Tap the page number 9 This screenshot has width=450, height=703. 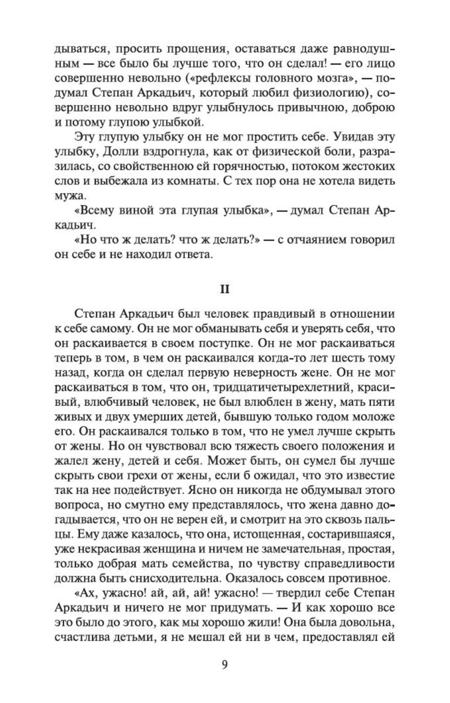coord(225,665)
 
